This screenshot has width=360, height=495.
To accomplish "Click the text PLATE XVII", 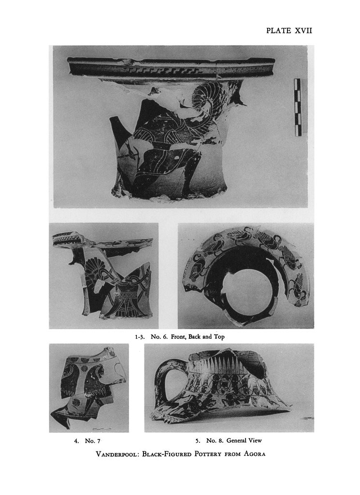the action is [x=289, y=30].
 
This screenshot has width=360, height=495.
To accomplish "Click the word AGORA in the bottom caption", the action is [x=254, y=454].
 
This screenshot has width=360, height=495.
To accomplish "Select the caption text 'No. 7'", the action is [x=92, y=441].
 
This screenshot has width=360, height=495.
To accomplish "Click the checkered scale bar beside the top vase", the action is [x=298, y=107].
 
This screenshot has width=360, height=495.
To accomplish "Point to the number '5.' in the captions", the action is [x=198, y=440].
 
